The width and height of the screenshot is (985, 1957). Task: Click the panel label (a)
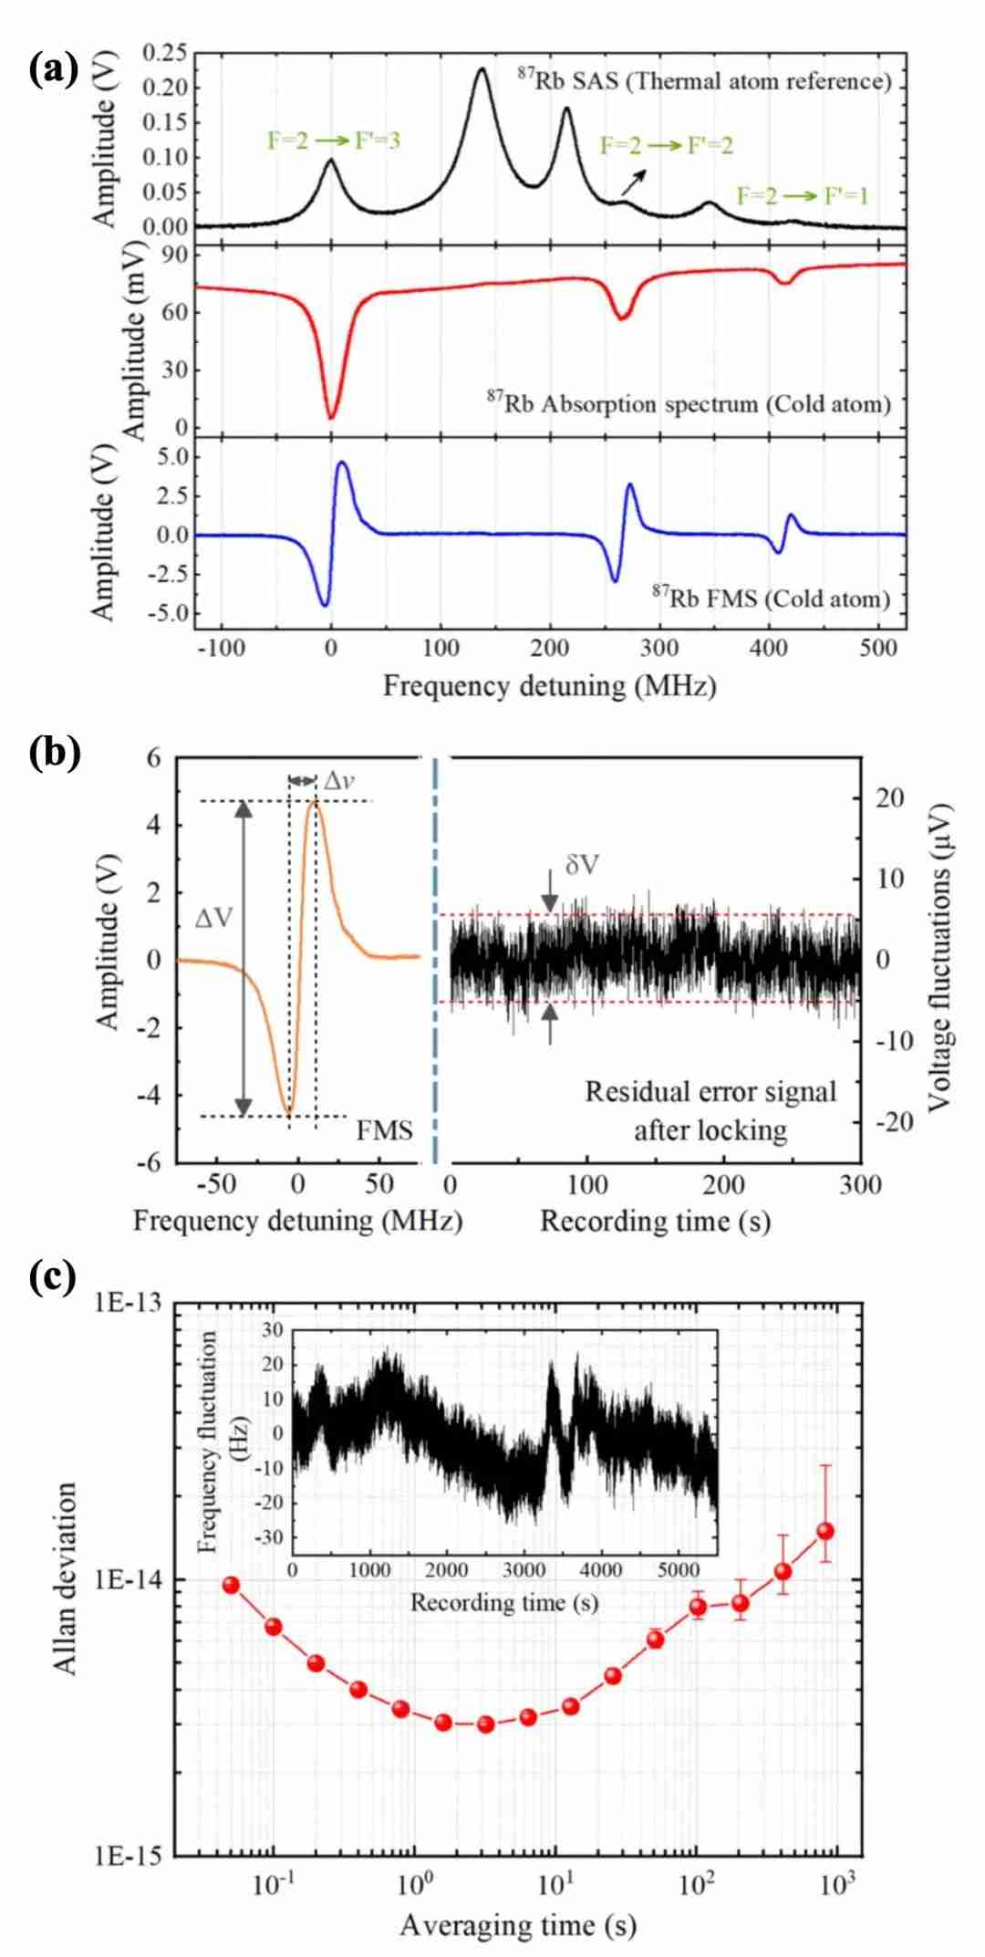click(54, 68)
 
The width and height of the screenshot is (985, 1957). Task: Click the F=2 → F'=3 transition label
click(334, 141)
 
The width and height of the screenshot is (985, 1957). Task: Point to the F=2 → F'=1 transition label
click(803, 195)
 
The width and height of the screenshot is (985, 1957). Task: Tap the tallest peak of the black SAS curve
click(482, 69)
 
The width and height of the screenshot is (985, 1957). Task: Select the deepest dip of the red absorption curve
click(331, 417)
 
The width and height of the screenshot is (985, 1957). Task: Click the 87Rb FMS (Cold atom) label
click(771, 598)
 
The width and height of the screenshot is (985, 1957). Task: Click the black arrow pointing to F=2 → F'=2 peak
click(634, 182)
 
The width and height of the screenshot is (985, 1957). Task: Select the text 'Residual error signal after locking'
click(710, 1110)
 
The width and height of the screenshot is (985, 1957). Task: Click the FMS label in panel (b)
click(384, 1130)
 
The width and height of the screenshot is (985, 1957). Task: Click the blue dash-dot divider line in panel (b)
click(435, 958)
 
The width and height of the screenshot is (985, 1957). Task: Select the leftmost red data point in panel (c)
click(231, 1585)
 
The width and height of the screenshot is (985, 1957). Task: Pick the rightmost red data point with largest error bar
click(825, 1531)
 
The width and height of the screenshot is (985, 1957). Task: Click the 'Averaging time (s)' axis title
click(517, 1925)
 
